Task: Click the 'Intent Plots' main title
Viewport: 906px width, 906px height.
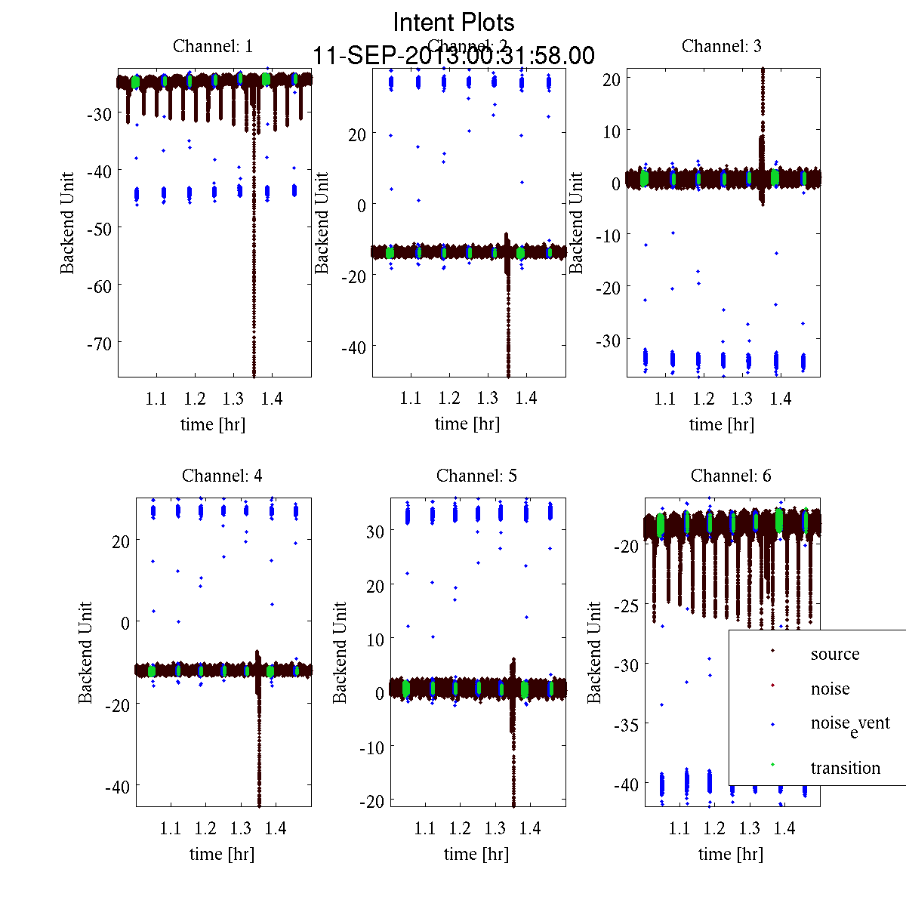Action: pos(454,23)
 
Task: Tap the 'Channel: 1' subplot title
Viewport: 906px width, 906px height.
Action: pos(213,46)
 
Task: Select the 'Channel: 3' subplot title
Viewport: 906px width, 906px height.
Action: pos(722,46)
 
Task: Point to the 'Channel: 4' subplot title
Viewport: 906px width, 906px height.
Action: pos(222,476)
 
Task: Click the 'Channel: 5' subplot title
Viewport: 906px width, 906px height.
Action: pos(476,476)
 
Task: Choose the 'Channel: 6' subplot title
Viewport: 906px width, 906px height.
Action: pos(731,476)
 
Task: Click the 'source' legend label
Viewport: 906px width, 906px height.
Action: pos(835,655)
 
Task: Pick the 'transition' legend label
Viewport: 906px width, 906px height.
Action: pos(846,769)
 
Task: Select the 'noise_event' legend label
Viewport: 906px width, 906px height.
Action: pos(850,724)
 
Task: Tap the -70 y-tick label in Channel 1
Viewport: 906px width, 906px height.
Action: pos(98,344)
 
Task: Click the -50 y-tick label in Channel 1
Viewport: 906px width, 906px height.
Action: pos(98,229)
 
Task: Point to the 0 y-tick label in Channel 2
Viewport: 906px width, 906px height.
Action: pos(362,205)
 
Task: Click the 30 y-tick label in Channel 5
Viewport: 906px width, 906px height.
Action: pos(375,532)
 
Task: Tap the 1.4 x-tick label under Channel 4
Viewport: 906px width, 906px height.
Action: pos(276,829)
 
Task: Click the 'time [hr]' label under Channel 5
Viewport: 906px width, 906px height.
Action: pos(476,854)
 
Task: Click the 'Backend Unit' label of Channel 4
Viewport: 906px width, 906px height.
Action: pos(86,652)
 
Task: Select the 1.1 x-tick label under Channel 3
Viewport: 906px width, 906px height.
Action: pos(665,399)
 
